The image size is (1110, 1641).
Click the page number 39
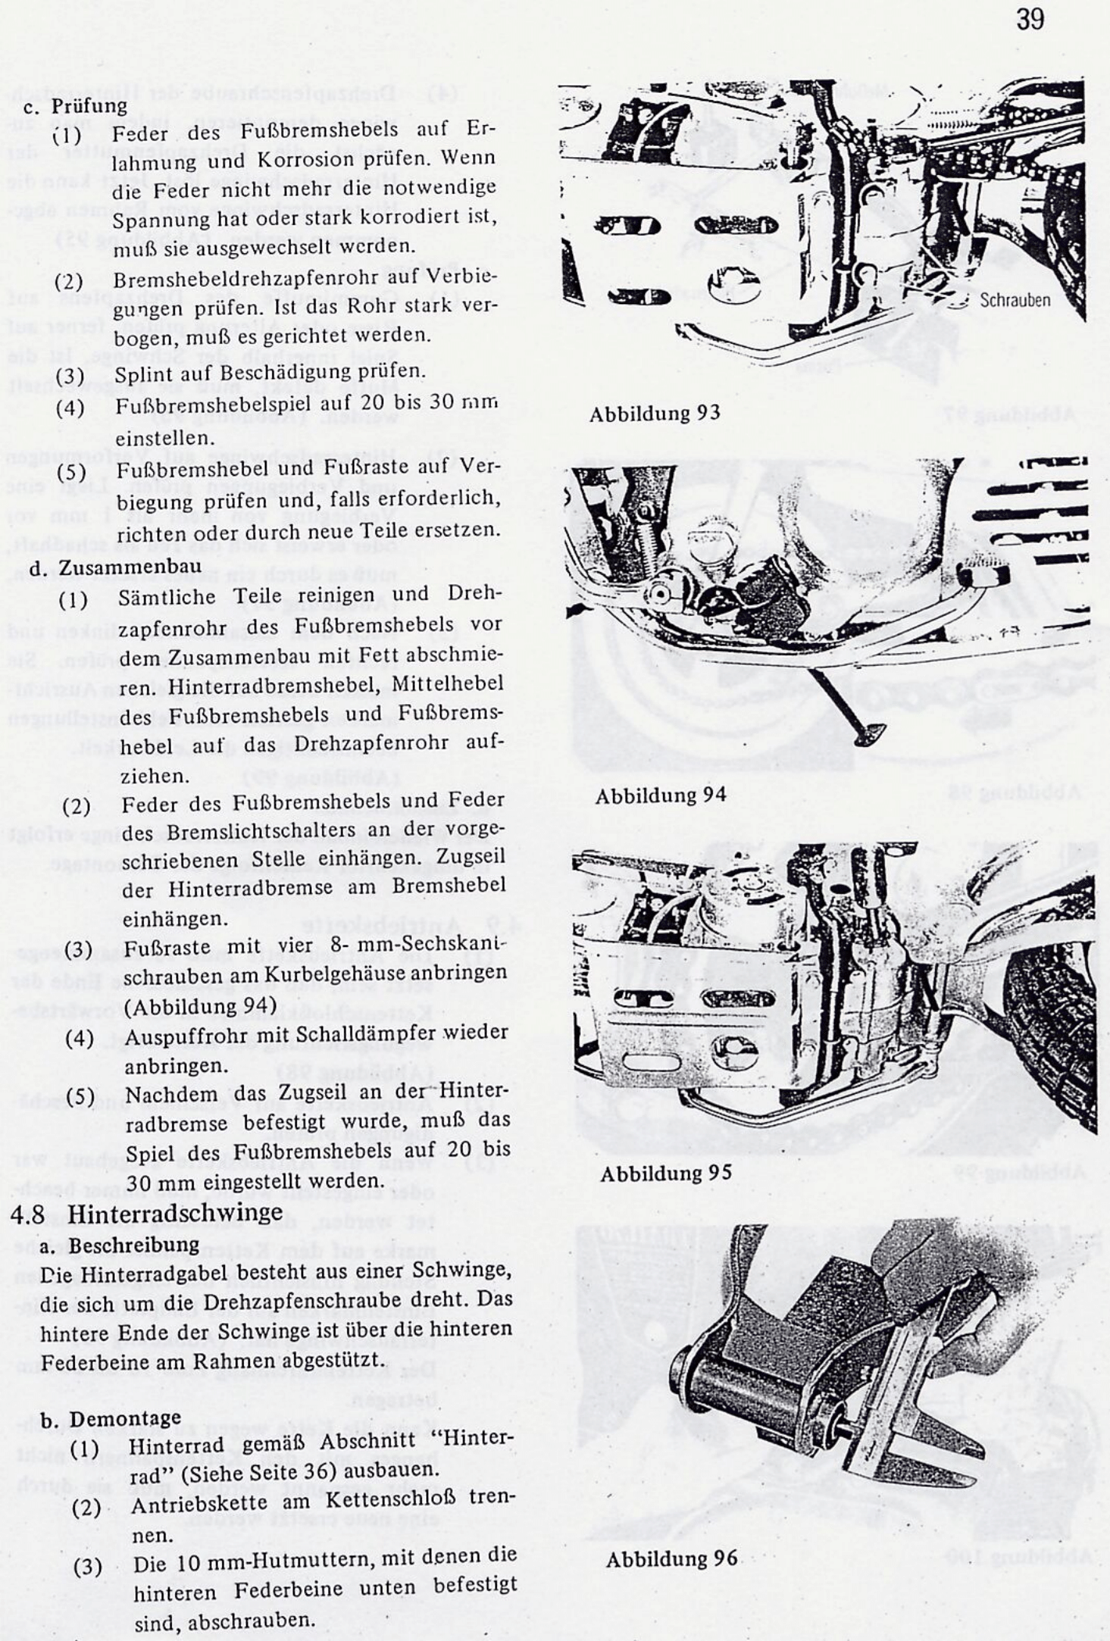[1030, 20]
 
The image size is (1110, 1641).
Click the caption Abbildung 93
[654, 413]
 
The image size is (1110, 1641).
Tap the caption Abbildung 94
[661, 795]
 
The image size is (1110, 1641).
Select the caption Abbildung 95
[665, 1173]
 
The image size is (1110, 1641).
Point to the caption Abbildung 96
[671, 1558]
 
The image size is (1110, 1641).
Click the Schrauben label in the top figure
[1015, 300]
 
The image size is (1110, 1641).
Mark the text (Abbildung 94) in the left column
[200, 1005]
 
